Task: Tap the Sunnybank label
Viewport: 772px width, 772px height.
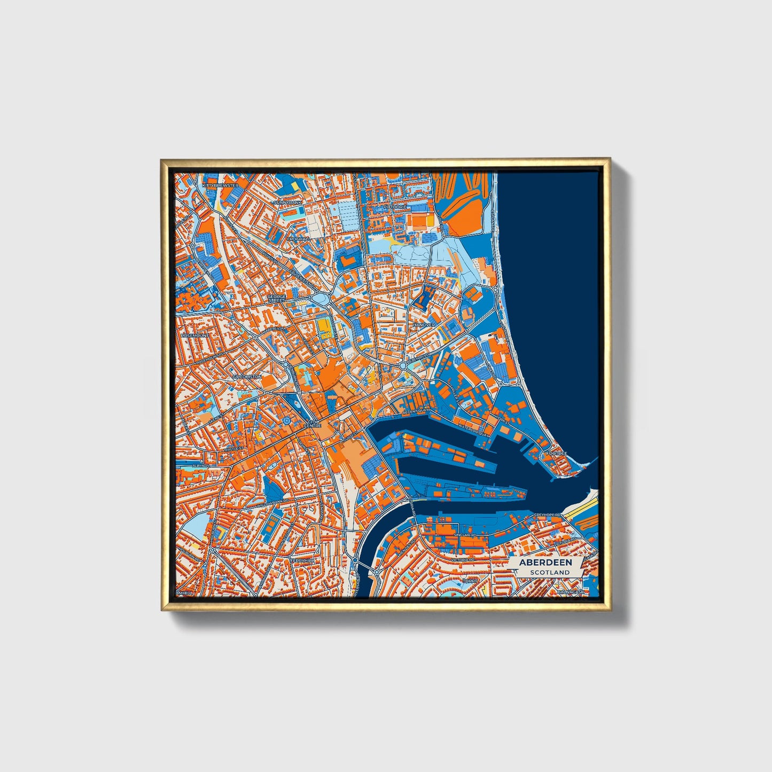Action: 288,202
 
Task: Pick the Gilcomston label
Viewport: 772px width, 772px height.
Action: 247,377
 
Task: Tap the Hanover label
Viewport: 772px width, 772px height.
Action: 425,324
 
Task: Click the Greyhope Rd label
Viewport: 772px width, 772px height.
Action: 548,515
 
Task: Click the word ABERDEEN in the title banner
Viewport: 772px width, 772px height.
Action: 545,562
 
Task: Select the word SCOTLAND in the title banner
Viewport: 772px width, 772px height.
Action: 550,572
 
